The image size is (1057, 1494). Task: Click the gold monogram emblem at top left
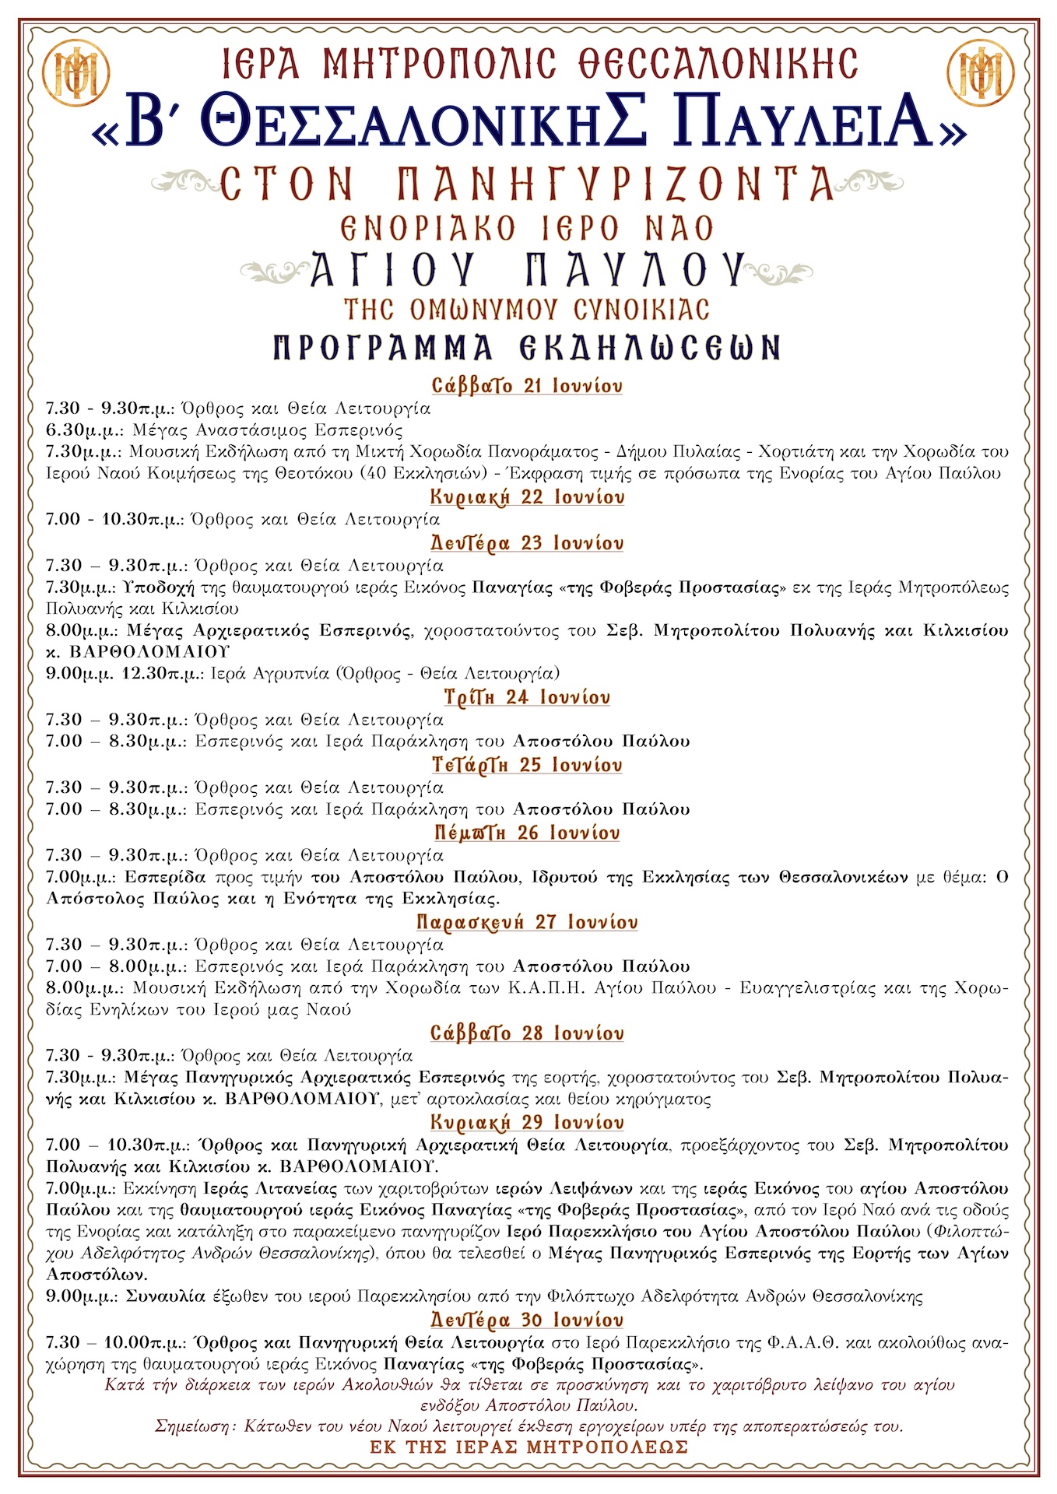coord(75,73)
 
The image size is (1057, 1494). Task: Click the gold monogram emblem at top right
coord(983,73)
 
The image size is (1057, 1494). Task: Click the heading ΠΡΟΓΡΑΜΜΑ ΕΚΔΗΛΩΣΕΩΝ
coord(527,348)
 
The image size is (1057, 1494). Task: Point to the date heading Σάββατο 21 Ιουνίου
coord(527,386)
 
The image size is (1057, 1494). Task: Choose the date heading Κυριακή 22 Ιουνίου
coord(527,497)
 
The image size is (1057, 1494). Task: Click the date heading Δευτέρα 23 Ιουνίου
coord(527,543)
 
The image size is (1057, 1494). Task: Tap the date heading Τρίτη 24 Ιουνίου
coord(527,697)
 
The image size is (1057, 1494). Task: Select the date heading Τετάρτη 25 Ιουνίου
coord(527,765)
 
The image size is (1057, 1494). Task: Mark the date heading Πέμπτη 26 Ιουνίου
coord(527,833)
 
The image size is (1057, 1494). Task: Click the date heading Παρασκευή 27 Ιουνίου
coord(527,922)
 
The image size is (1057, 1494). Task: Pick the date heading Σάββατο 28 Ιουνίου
coord(527,1033)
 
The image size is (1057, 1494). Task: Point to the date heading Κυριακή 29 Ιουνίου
coord(527,1123)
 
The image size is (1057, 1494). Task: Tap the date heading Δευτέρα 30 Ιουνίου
coord(527,1320)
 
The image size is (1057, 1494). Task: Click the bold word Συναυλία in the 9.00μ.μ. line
coord(165,1296)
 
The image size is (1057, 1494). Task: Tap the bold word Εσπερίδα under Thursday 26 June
coord(165,877)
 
